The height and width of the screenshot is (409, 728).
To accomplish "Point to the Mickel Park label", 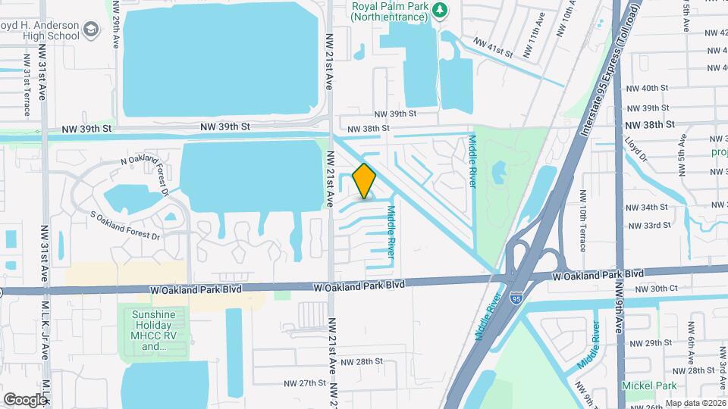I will coord(648,386).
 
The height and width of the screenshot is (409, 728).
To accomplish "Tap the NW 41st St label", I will coord(493,48).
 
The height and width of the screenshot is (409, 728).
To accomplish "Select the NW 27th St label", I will coord(301,383).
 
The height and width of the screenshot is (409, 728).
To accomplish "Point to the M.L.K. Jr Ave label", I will coord(45,326).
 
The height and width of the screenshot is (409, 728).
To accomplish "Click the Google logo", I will coord(26,399).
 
